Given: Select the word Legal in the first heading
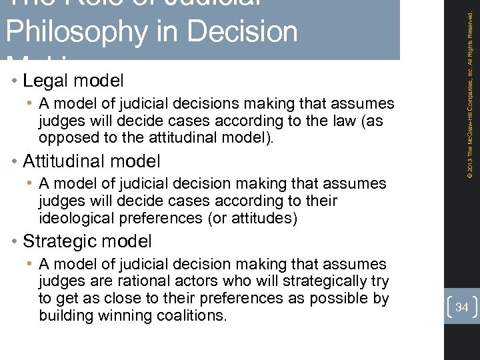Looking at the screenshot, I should pos(45,81).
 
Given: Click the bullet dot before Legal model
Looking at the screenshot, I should pos(15,81).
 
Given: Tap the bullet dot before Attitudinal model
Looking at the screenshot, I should pos(15,161).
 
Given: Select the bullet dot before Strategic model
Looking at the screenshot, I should pos(15,241).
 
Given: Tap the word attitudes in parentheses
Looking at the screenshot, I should pos(261,218).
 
